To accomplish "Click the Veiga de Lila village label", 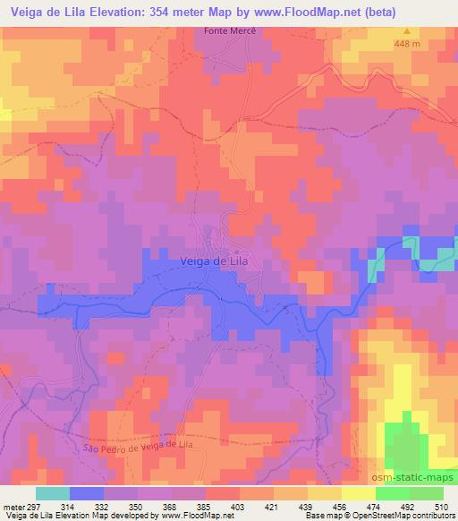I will pos(213,260).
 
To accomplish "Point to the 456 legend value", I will pos(339,506).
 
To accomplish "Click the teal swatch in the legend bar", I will pos(53,493).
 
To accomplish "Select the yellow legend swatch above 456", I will pos(358,493).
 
